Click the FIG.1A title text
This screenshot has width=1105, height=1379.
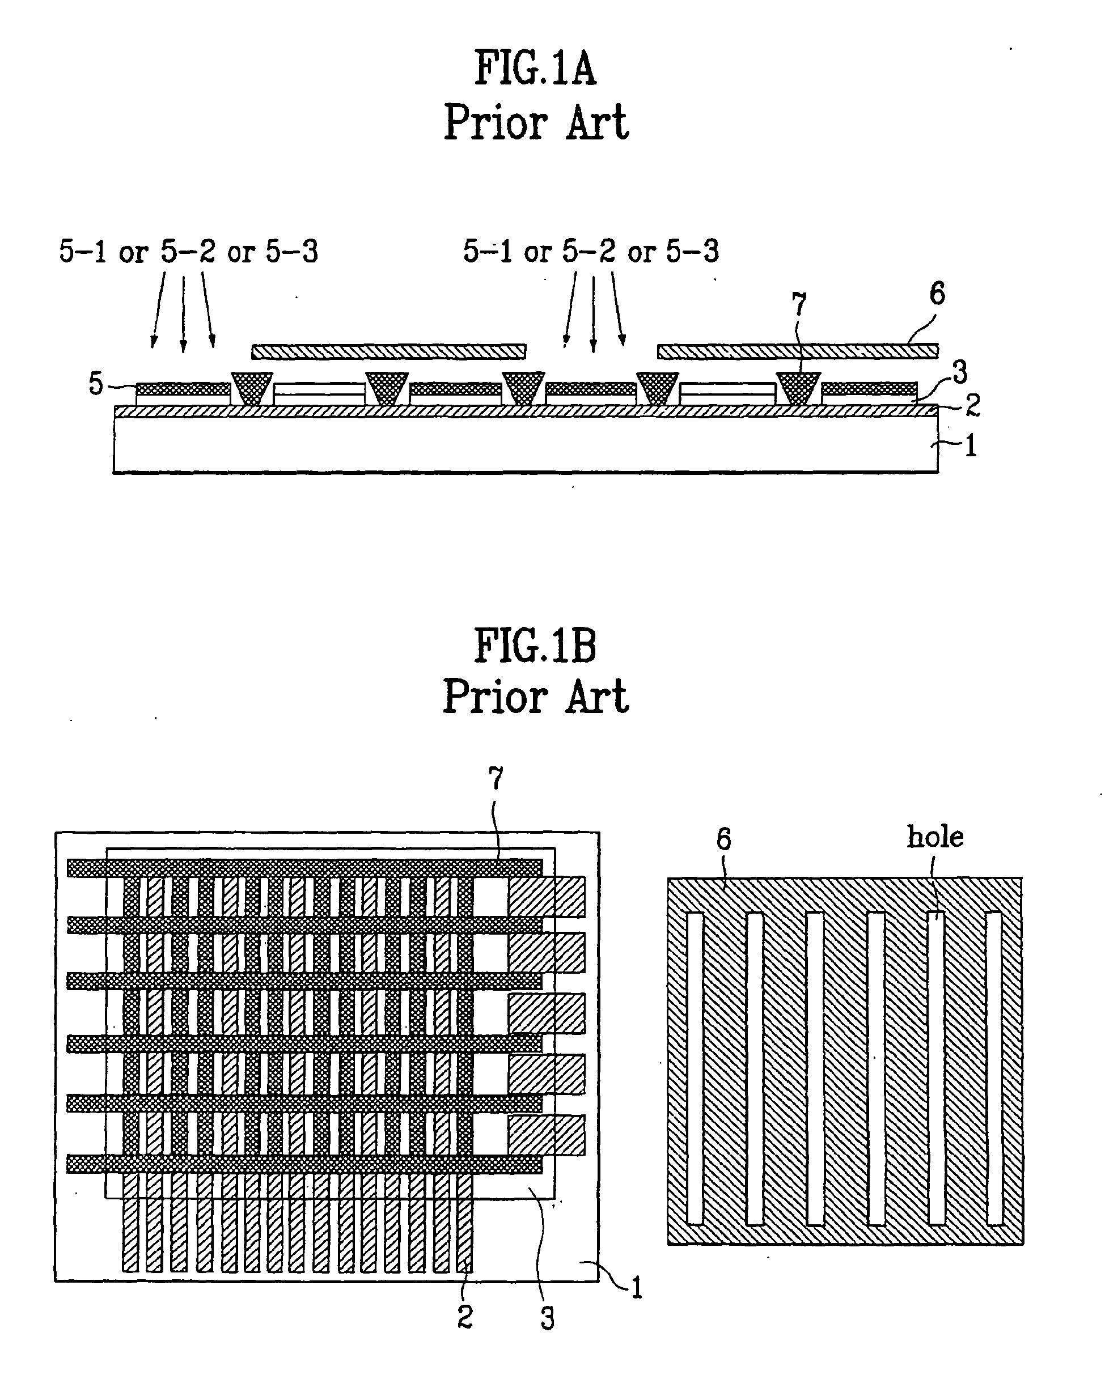point(535,69)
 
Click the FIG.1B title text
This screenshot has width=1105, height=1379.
point(535,646)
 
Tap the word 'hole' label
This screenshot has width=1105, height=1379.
point(935,837)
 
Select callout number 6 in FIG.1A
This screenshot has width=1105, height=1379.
point(937,294)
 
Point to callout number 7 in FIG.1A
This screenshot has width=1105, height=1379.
point(798,304)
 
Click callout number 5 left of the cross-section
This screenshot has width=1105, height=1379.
point(95,384)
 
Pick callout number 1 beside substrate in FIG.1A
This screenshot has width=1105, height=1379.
point(971,446)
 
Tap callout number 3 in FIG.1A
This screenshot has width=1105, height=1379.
point(960,372)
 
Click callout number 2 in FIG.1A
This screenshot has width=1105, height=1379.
point(972,404)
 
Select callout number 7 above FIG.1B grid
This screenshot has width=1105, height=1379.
point(496,778)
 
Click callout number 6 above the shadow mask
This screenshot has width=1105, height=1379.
point(723,839)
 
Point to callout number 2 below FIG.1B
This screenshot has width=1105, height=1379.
point(465,1316)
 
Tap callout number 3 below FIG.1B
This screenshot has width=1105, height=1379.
point(547,1318)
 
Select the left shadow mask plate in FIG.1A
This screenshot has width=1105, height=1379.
point(388,351)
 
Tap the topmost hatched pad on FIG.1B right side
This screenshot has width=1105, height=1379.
point(547,897)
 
